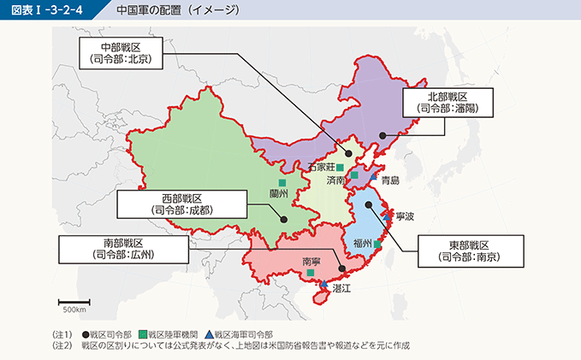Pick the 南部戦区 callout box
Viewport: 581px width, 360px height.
[x=122, y=249]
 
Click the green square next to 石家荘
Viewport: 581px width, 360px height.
[x=340, y=168]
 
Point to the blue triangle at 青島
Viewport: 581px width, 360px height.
[x=374, y=176]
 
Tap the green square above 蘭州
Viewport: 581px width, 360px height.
[x=282, y=183]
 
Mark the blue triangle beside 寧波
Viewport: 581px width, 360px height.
[x=388, y=217]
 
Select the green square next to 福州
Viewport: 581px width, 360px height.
[x=377, y=244]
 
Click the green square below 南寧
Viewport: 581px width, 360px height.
[x=311, y=273]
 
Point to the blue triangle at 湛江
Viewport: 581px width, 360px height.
[x=323, y=285]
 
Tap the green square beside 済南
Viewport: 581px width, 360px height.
[x=354, y=175]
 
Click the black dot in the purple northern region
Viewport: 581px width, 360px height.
[x=383, y=134]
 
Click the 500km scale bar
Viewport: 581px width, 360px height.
[x=74, y=302]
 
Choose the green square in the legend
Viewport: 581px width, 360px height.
[x=142, y=334]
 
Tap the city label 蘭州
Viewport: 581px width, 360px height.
[x=280, y=194]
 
